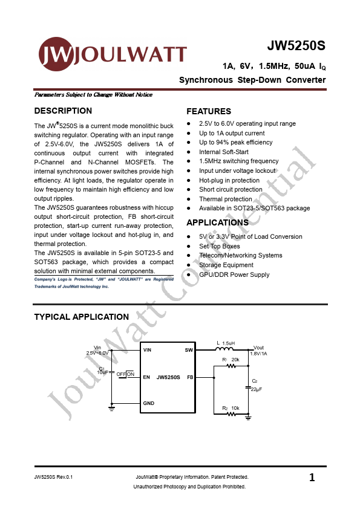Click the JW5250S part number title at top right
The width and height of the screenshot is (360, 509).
click(x=296, y=47)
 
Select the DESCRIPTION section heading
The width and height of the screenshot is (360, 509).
click(x=63, y=111)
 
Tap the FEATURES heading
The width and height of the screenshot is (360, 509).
click(x=209, y=111)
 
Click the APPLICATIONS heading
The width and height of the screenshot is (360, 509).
click(x=217, y=222)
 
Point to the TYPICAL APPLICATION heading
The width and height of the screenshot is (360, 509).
click(x=81, y=317)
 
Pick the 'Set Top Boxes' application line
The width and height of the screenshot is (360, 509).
click(x=219, y=246)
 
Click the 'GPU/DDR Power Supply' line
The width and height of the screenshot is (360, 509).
click(x=234, y=274)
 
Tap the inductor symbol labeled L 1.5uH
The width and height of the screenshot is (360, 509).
click(x=225, y=349)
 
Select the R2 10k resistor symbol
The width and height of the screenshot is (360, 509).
click(x=231, y=415)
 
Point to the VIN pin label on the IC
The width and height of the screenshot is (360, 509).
click(x=148, y=350)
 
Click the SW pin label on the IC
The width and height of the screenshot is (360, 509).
click(x=189, y=350)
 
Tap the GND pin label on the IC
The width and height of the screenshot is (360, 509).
click(x=149, y=403)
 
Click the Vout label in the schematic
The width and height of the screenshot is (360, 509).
click(x=258, y=348)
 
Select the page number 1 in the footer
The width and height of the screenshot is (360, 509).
click(x=312, y=478)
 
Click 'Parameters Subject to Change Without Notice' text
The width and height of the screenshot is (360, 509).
click(x=93, y=95)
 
